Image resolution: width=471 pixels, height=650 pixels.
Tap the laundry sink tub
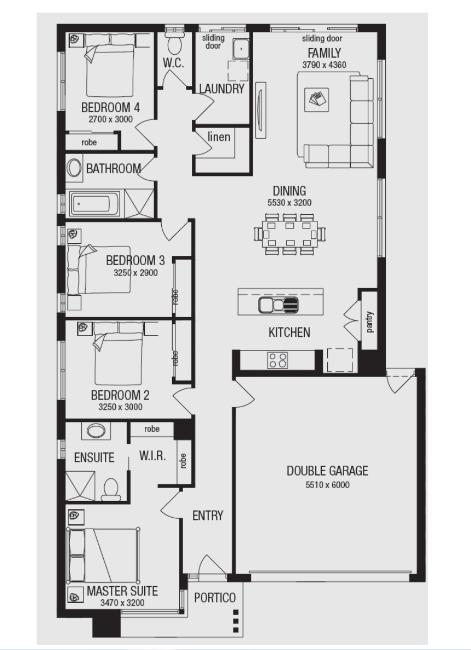point(240,49)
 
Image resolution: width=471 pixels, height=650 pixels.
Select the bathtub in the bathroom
point(95,203)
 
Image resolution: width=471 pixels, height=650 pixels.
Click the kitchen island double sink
point(278,305)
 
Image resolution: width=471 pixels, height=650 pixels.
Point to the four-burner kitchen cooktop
point(278,360)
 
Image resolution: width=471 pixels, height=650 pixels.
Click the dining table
point(290,234)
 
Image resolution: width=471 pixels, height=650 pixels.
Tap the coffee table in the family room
point(316,99)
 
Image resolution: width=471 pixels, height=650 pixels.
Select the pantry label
point(369,321)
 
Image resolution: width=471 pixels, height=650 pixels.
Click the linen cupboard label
point(219,136)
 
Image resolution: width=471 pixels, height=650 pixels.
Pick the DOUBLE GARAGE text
point(327,471)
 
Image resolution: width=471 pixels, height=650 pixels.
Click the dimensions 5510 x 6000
point(327,484)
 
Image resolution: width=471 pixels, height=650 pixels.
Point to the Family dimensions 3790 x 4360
point(324,65)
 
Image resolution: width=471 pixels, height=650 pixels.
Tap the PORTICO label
point(215,598)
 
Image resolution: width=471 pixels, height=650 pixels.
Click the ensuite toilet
point(110,489)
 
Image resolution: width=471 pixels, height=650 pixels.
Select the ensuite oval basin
point(96,430)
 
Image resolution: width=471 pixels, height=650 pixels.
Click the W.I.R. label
point(152,456)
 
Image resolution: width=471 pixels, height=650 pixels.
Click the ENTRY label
point(208,516)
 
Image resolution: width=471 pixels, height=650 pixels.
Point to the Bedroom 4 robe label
point(89,142)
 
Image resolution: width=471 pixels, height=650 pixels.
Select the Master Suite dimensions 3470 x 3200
point(122,603)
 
